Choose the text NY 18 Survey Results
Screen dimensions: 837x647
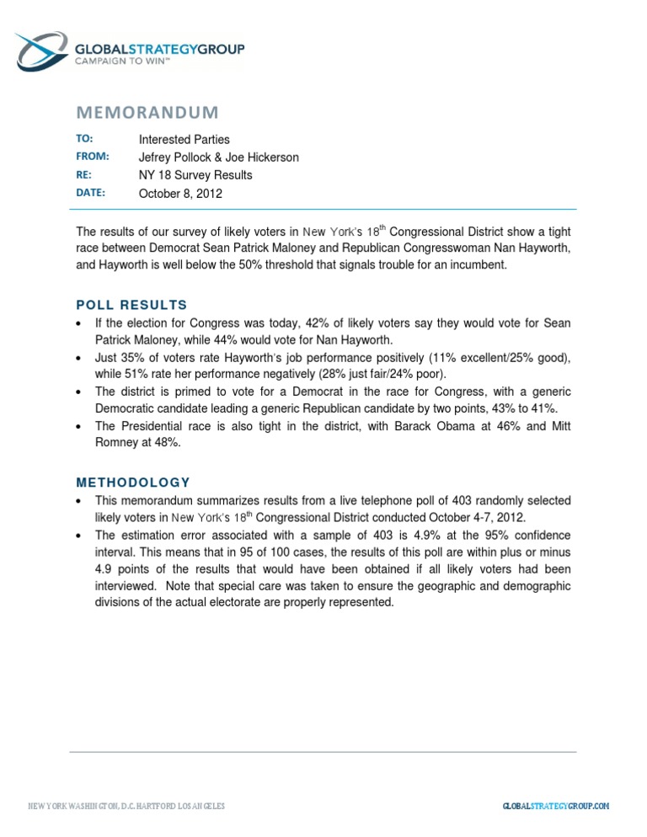point(195,175)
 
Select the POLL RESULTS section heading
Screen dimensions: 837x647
point(131,305)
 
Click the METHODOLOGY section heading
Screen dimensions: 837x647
point(133,482)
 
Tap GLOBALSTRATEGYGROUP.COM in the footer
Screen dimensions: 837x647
point(555,806)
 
